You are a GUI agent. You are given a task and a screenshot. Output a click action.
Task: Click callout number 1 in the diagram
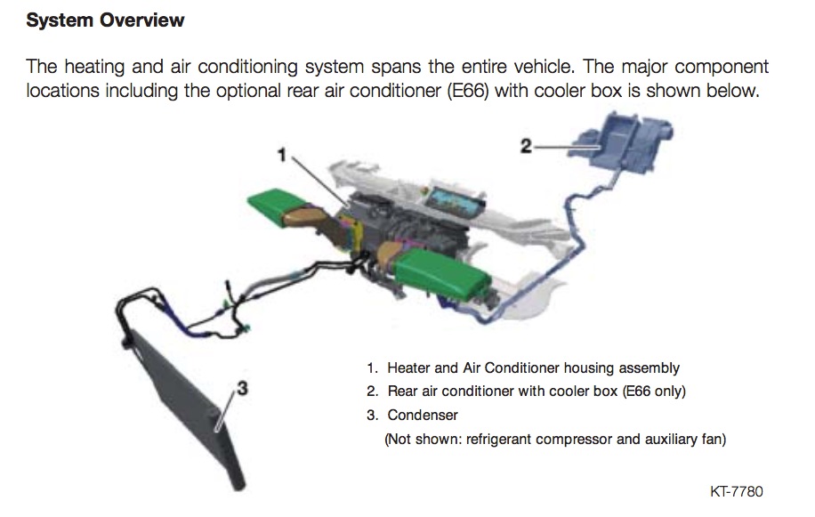282,154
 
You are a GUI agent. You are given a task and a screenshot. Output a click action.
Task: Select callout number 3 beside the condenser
240,389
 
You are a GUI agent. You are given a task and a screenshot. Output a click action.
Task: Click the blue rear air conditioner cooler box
622,141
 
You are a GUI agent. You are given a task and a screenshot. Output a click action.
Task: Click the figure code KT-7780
736,491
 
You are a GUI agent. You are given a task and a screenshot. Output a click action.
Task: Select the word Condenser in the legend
423,415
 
